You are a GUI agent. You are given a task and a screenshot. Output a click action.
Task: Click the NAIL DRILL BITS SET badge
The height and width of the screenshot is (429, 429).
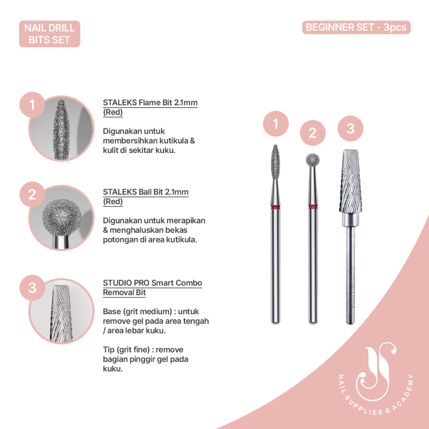[49, 34]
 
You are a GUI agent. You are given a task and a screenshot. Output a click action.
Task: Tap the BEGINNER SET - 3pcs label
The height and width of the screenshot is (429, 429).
[356, 27]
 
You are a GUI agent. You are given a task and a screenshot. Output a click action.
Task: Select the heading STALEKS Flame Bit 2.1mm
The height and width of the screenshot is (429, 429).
[150, 103]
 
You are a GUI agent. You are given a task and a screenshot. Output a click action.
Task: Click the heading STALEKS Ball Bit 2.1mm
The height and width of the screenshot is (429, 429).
[145, 192]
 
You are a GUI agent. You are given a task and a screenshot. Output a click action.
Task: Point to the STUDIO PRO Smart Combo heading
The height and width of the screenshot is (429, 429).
[152, 283]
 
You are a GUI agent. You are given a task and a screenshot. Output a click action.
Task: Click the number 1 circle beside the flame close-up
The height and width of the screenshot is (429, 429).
[32, 105]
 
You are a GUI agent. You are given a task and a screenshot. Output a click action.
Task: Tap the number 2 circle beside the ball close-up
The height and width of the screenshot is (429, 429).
[32, 195]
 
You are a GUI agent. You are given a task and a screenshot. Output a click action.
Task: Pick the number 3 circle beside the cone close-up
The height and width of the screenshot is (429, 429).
[32, 288]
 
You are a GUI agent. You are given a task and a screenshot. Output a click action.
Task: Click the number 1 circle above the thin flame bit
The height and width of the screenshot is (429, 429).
[275, 124]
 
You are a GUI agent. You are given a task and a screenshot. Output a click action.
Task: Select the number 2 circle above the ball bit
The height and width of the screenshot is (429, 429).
[313, 133]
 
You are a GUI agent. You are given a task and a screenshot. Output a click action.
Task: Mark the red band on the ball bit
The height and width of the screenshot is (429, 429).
[313, 206]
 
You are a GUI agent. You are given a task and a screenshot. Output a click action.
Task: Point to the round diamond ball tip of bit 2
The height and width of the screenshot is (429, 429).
[312, 160]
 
